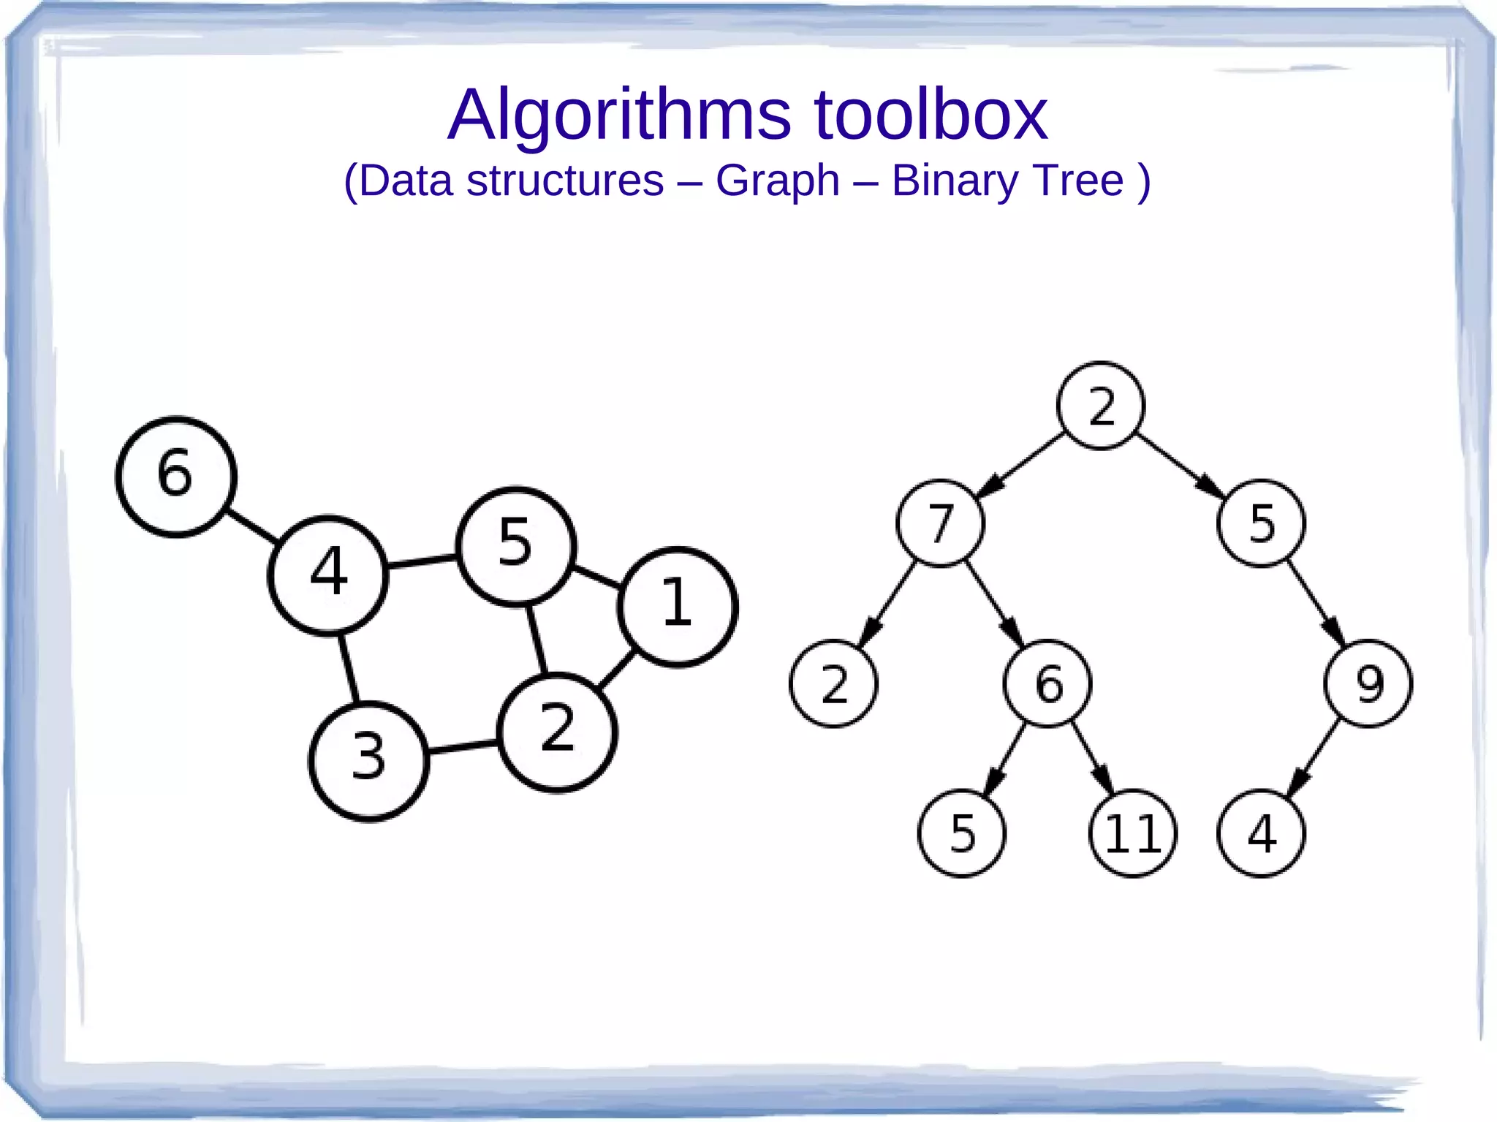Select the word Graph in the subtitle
777,181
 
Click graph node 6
176,477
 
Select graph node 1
678,607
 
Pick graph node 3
368,761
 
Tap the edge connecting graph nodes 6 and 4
252,526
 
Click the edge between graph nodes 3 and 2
463,747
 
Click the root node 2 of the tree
1100,406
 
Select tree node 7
940,523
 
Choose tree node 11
1132,833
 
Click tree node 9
1368,683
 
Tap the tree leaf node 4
1261,833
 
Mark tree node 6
1047,683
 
